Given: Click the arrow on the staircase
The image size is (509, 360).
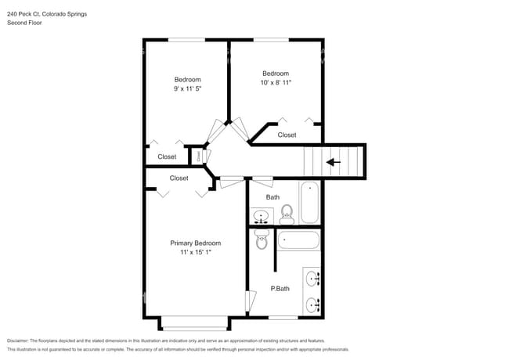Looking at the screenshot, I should (x=334, y=162).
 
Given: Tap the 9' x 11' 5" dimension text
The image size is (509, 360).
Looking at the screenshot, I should (x=187, y=90).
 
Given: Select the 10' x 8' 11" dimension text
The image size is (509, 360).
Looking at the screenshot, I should (x=276, y=83).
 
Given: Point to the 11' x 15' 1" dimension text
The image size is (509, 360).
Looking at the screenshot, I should (x=195, y=253).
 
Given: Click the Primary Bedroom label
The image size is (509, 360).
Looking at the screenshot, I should (x=195, y=243).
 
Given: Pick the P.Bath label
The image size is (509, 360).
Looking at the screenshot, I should (x=280, y=289).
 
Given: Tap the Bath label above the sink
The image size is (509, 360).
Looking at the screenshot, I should (x=273, y=197).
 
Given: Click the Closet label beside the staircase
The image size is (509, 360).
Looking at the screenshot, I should (x=287, y=135).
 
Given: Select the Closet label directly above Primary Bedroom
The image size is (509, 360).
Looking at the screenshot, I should (x=179, y=178).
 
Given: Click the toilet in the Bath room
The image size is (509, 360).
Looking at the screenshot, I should (x=287, y=212).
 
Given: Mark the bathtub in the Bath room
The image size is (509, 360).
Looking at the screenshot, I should (x=310, y=203).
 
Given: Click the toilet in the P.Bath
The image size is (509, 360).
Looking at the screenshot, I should (x=262, y=240).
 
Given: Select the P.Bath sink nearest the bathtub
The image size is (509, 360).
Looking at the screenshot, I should (x=312, y=278).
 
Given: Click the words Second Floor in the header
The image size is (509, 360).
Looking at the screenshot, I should (x=25, y=23).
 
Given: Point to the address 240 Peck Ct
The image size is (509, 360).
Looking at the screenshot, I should (x=23, y=13).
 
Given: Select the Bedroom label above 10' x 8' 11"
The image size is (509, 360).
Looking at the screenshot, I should (x=276, y=74).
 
